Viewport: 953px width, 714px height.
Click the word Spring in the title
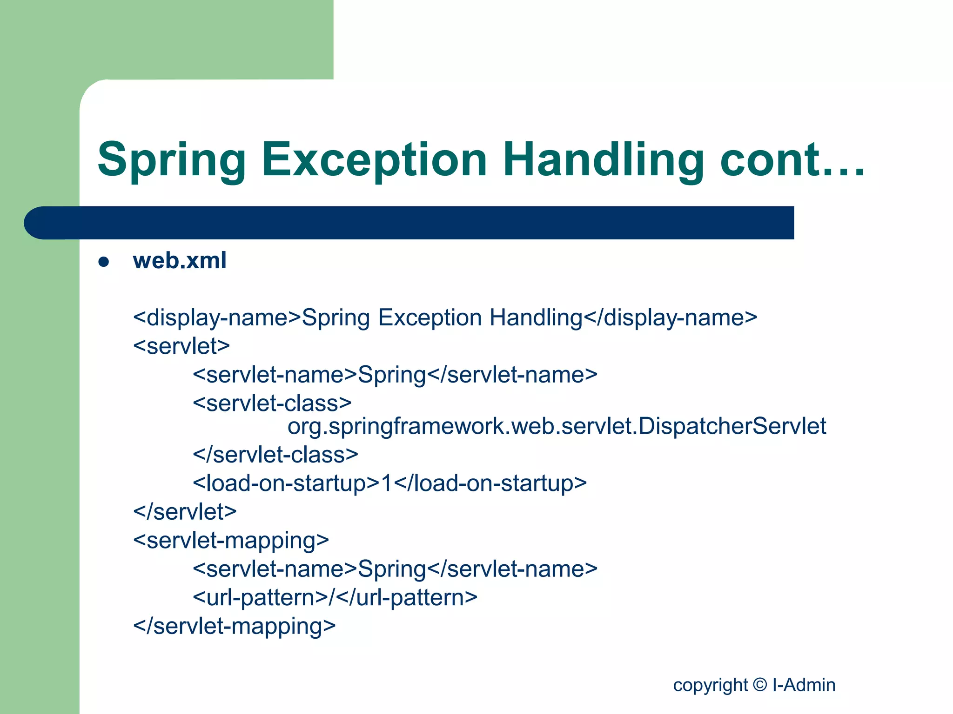pos(171,160)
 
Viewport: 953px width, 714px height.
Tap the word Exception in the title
pos(374,160)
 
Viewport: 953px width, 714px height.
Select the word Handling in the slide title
pos(603,160)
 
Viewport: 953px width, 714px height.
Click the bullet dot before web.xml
pos(103,262)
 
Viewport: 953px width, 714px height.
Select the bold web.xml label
pos(180,260)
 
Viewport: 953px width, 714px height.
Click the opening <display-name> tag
pos(217,318)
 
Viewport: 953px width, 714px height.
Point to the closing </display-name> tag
pos(670,318)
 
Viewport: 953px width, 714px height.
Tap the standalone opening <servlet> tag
pos(181,346)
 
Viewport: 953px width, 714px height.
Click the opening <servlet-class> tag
pos(272,403)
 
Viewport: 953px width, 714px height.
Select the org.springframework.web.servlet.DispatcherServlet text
pos(557,427)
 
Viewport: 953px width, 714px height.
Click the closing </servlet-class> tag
pos(275,455)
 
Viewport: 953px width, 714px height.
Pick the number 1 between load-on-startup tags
pos(387,483)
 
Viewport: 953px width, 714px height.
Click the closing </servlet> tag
pos(185,512)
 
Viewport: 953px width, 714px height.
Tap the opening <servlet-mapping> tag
pos(231,541)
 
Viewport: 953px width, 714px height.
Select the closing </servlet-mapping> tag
pos(234,626)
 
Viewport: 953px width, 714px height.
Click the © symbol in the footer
pos(759,685)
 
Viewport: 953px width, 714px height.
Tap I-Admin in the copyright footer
pos(804,685)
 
